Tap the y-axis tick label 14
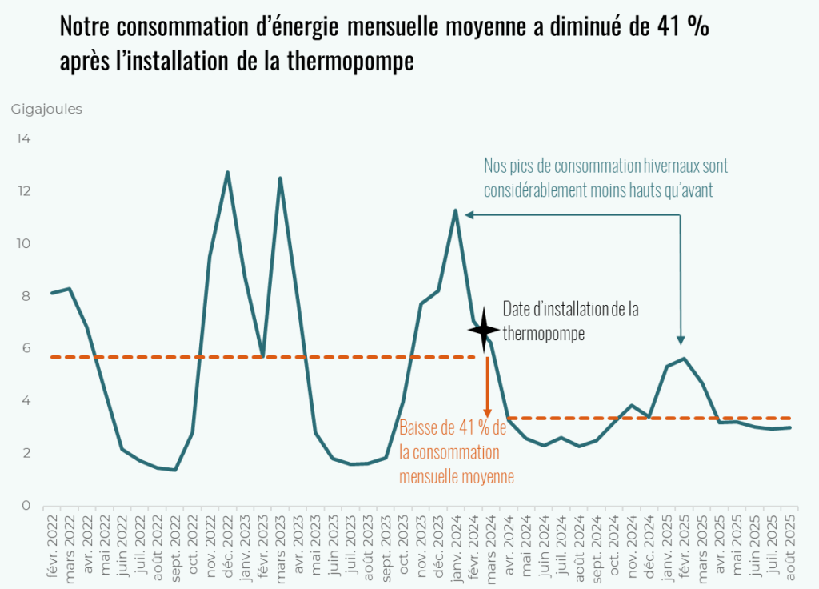pyautogui.click(x=24, y=139)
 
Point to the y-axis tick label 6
pyautogui.click(x=26, y=348)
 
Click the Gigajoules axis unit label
pyautogui.click(x=46, y=110)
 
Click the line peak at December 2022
pyautogui.click(x=228, y=172)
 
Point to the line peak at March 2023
pyautogui.click(x=280, y=178)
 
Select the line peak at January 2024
pyautogui.click(x=456, y=210)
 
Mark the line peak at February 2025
pyautogui.click(x=685, y=358)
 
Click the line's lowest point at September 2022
pyautogui.click(x=174, y=470)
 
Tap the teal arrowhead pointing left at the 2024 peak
pyautogui.click(x=469, y=214)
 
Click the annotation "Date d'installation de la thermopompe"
pyautogui.click(x=569, y=321)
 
